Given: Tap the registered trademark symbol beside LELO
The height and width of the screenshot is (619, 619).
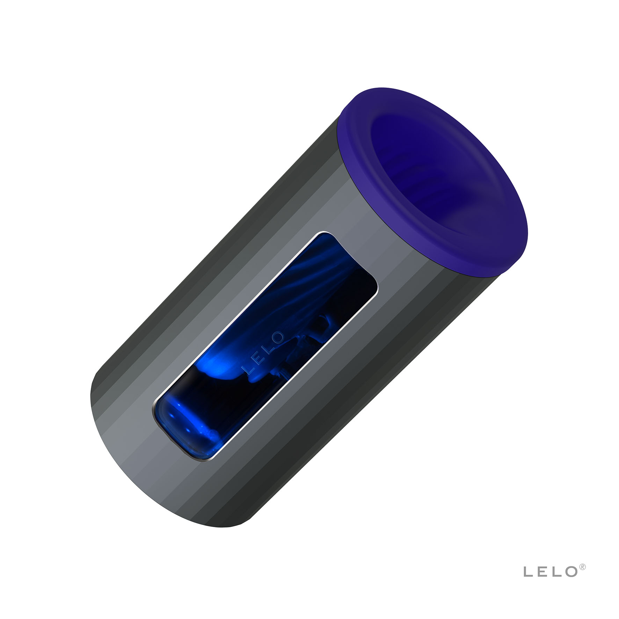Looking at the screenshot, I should pos(583,566).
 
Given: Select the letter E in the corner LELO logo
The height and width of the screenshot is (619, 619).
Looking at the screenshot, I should pos(542,572).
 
